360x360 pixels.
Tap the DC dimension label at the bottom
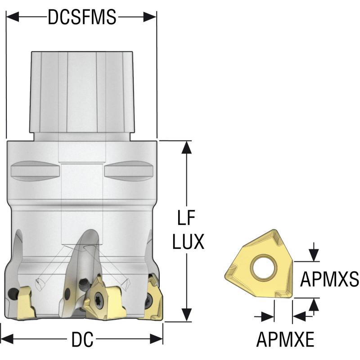click(82, 340)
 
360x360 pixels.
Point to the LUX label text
click(188, 242)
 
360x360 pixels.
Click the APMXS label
click(329, 280)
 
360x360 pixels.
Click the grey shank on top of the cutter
click(82, 90)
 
